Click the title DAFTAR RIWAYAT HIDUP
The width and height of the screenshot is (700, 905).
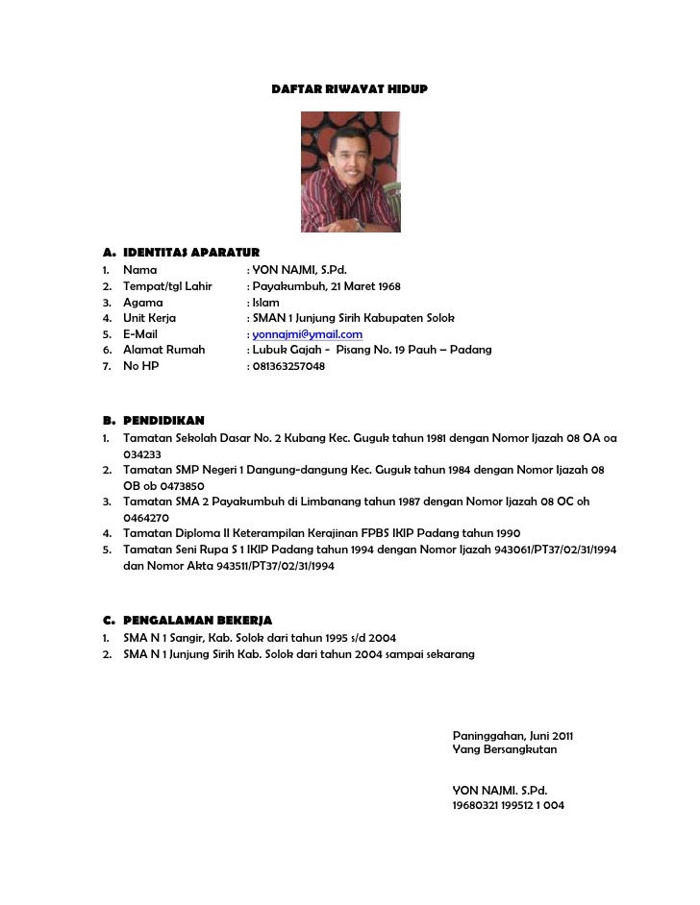coord(350,88)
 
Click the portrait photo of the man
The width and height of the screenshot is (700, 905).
coord(350,172)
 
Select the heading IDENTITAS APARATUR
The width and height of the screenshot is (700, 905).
coord(190,252)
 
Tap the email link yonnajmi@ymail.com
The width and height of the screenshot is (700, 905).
coord(307,334)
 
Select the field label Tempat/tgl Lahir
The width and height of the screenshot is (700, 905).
coord(167,286)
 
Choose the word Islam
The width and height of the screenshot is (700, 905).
coord(265,303)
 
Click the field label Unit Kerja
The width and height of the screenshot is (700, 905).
coord(149,318)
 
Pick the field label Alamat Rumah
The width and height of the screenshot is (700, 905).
coord(163,350)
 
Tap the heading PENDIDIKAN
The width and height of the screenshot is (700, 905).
coord(162,421)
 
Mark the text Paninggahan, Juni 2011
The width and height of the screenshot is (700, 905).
coord(512,736)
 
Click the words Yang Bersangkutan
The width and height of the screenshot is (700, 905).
coord(504,749)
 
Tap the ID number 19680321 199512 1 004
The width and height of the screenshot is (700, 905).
coord(508,805)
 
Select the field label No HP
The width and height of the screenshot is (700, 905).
coord(140,366)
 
